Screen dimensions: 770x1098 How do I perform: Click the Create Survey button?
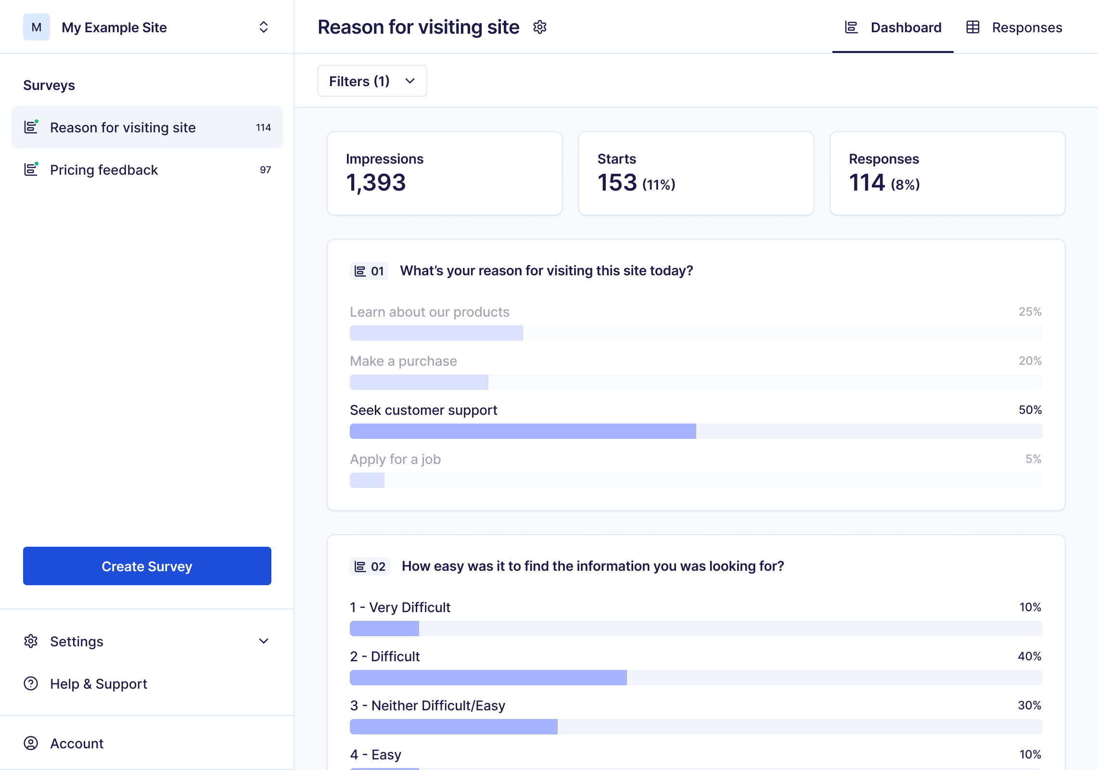(x=147, y=566)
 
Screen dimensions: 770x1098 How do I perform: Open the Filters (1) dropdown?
(x=372, y=81)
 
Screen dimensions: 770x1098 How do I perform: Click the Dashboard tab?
(x=893, y=27)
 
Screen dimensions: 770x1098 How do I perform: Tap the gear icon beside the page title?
(x=540, y=27)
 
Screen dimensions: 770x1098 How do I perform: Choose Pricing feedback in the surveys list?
(x=104, y=170)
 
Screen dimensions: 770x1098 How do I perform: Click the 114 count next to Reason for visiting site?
(x=263, y=128)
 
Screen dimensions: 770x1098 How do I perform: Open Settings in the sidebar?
(x=77, y=642)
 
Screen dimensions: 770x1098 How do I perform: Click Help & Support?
(x=99, y=684)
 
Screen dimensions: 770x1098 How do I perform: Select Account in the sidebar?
(x=77, y=744)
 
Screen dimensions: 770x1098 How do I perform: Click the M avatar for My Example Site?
(x=37, y=27)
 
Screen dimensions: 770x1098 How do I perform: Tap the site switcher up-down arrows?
(x=263, y=27)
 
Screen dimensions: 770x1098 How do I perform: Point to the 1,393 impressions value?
(x=376, y=182)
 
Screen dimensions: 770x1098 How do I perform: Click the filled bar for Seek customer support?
(x=523, y=431)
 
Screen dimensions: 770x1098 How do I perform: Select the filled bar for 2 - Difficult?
(x=488, y=678)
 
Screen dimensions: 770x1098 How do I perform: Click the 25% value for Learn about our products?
(x=1030, y=312)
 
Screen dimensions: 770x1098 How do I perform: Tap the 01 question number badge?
(x=369, y=271)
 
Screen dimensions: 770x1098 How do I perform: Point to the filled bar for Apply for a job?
(x=367, y=480)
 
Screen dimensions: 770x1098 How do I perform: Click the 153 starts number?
(x=617, y=182)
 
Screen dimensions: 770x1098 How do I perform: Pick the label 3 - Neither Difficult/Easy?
(x=428, y=706)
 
